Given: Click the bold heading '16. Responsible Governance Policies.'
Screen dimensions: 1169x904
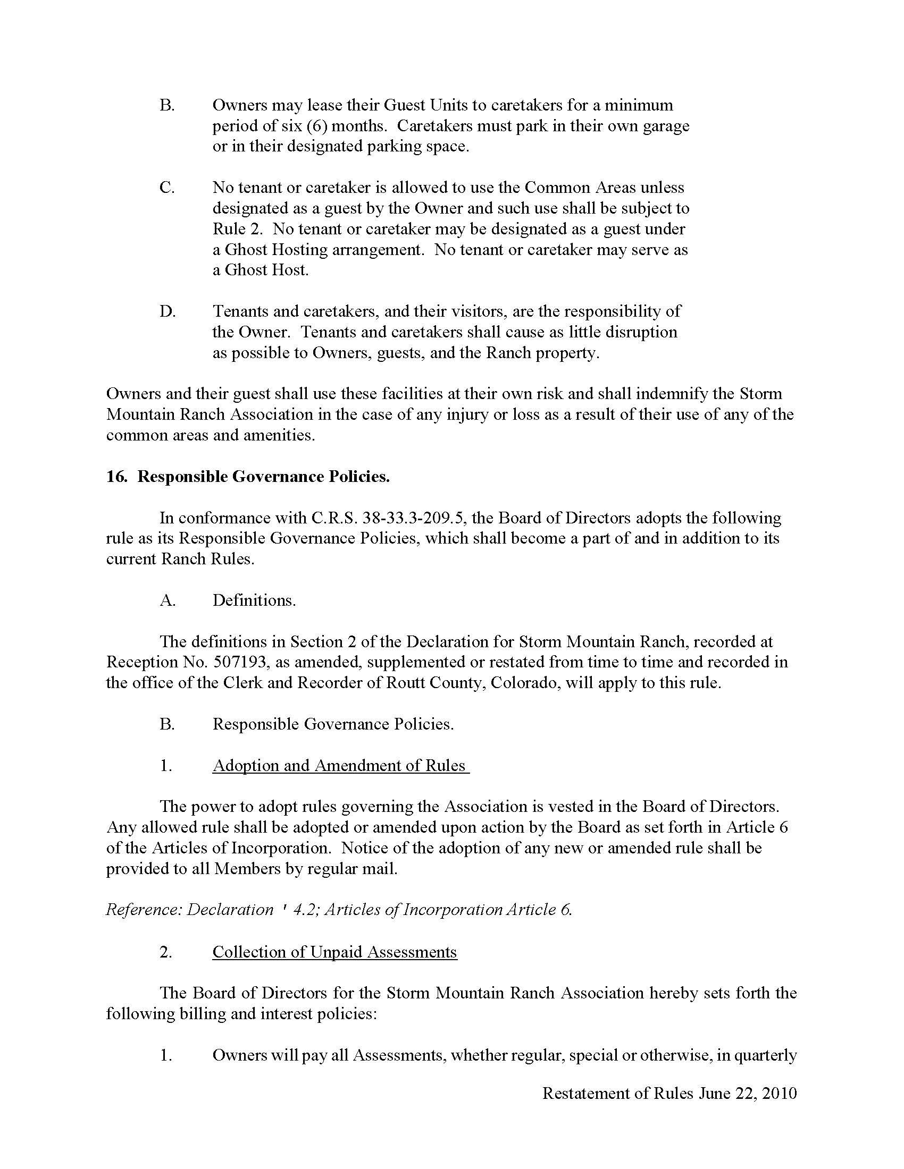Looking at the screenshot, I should point(248,477).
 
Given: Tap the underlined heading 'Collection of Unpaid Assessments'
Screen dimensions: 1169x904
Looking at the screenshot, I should point(334,952).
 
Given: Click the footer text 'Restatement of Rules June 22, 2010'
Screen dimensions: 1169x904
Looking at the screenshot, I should point(669,1093).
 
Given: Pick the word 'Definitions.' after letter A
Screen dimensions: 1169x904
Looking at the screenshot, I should point(254,600).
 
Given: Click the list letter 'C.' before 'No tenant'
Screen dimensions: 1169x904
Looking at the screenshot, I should point(167,188).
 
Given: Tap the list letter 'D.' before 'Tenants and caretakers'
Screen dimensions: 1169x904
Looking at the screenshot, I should point(168,311).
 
